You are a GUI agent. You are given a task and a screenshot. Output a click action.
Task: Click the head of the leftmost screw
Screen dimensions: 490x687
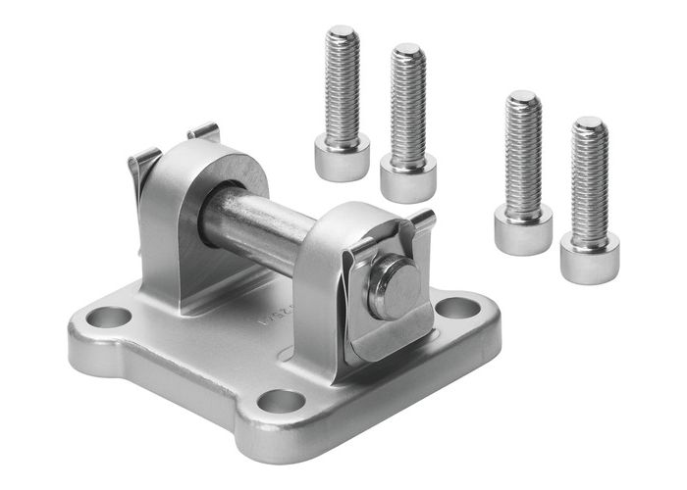(x=342, y=156)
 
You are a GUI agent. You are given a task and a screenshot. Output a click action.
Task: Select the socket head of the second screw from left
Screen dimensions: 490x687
(x=407, y=177)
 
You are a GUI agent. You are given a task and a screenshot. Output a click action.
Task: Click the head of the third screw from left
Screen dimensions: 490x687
(x=522, y=229)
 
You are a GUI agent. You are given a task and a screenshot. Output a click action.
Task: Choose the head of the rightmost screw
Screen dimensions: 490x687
(x=589, y=256)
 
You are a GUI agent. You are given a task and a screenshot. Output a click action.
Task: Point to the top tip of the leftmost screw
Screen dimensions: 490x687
(x=342, y=33)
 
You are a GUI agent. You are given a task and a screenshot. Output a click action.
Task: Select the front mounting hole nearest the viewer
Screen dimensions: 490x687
(x=281, y=402)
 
